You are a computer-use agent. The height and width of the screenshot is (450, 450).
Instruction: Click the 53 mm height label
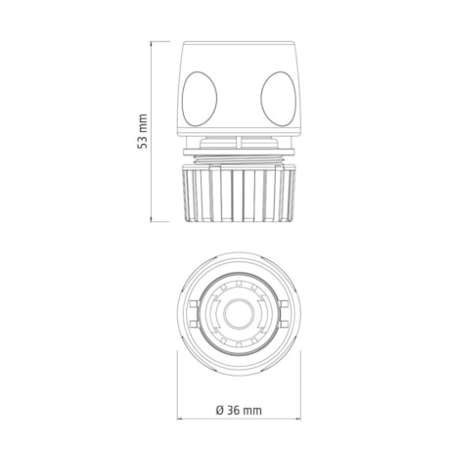pos(142,131)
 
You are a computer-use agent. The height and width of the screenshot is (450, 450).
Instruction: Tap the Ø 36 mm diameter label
pos(239,410)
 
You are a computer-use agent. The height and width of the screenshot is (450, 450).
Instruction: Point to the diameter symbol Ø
pos(220,410)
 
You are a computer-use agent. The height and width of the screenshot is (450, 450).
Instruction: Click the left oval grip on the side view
pos(200,99)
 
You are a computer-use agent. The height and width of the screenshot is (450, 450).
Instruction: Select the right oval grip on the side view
pos(279,99)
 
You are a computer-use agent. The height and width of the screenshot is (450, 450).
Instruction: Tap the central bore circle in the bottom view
pos(239,314)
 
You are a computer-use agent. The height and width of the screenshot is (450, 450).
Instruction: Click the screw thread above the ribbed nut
pos(239,159)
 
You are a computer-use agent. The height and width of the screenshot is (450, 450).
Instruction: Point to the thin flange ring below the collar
pos(239,152)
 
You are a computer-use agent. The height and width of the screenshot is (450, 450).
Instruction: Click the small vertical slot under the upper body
pos(239,143)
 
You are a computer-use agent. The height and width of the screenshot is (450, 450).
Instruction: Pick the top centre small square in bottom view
pos(239,284)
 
